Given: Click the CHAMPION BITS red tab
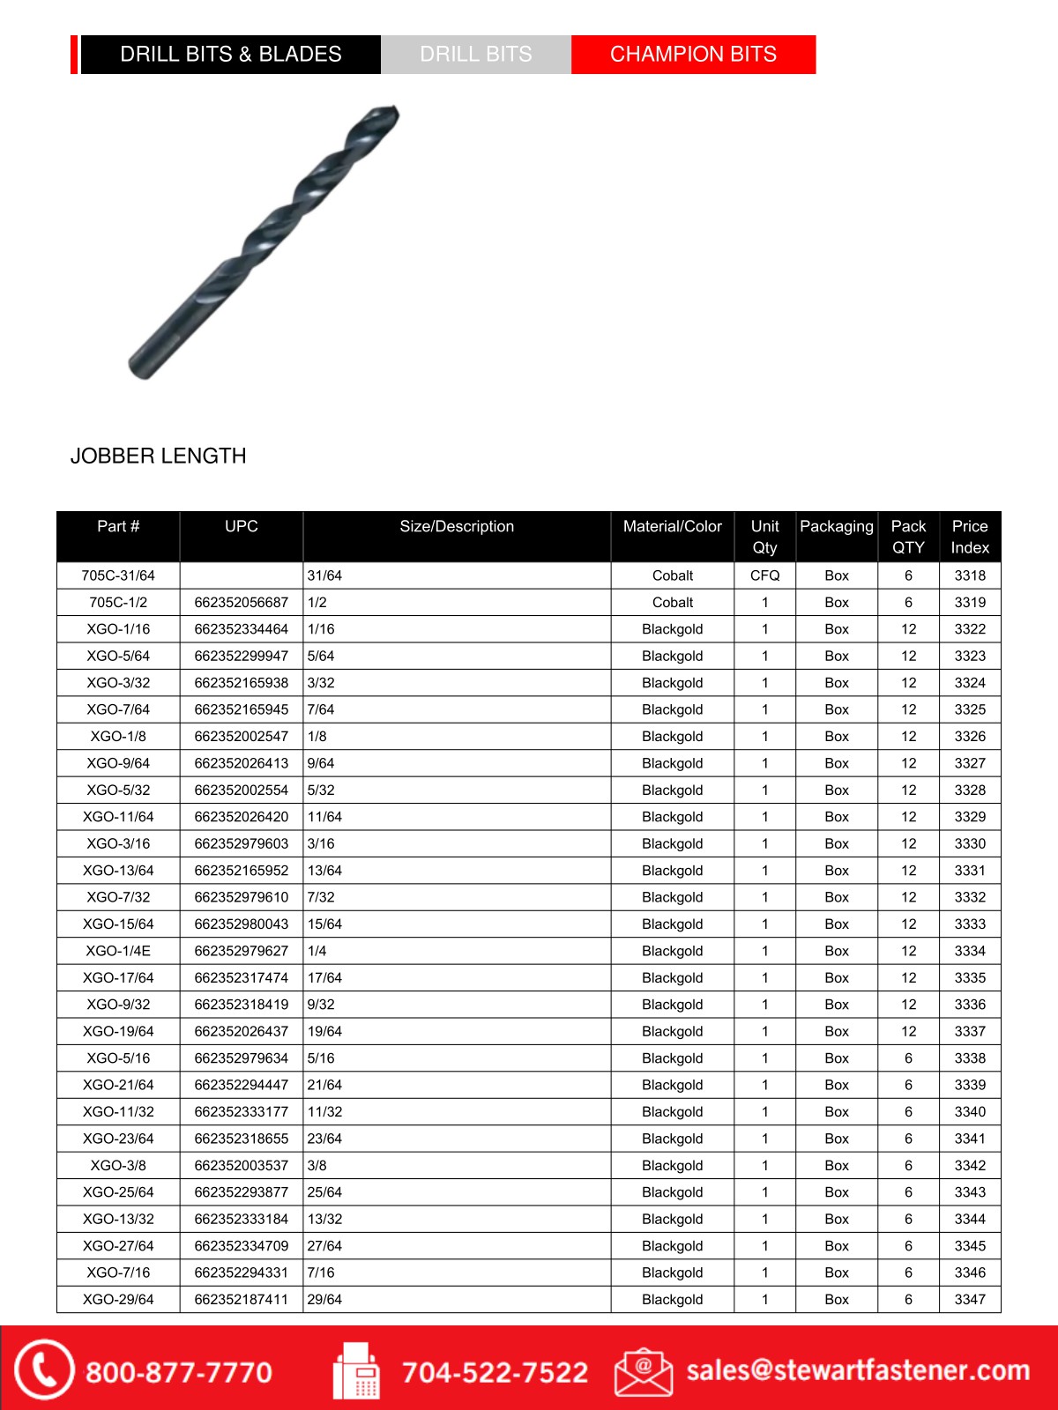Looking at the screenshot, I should point(693,55).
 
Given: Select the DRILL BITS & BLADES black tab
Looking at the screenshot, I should point(231,55).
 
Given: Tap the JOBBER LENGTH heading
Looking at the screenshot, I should point(159,456).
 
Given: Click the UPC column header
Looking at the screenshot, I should point(242,526).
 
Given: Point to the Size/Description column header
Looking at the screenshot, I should point(457,526).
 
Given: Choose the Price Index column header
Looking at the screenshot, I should point(970,537).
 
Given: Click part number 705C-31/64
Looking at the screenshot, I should point(118,575).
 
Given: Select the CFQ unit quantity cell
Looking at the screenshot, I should point(764,575).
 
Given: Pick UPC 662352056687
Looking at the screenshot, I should point(242,603).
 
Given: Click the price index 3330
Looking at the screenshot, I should point(970,843).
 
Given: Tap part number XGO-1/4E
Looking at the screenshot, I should point(118,951).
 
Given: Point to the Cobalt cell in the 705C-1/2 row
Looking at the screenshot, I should point(673,603).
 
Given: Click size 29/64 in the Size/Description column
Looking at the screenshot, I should point(324,1299).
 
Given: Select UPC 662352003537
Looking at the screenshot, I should point(242,1165).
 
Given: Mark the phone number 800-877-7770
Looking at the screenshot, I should point(179,1372).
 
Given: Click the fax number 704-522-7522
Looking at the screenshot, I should point(495,1372).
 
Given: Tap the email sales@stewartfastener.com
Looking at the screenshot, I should point(858,1370).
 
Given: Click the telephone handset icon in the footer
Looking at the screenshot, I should point(42,1369).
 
